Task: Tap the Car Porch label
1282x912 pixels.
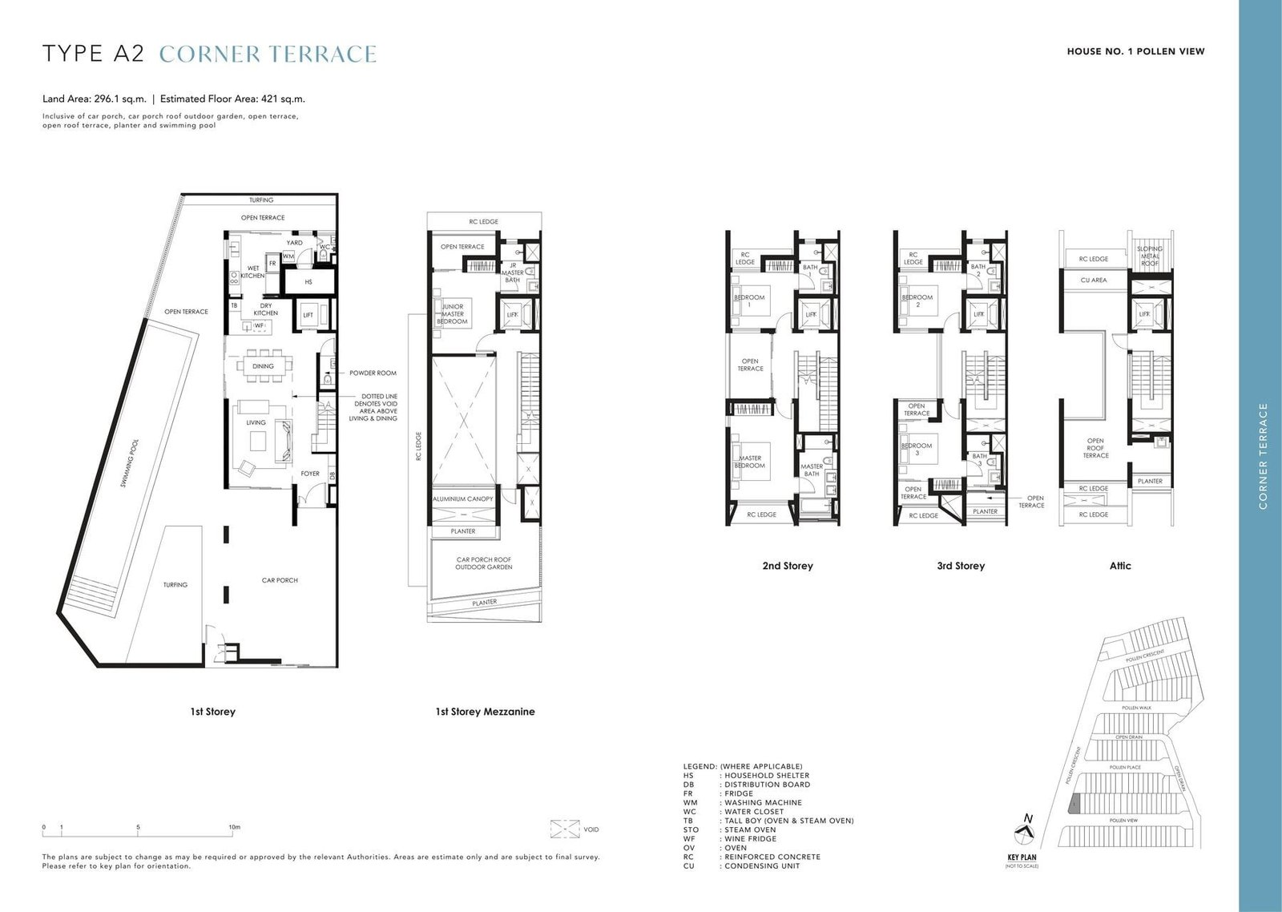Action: [x=280, y=580]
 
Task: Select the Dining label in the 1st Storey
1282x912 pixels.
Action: [x=263, y=366]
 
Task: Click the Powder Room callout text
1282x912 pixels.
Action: [x=373, y=373]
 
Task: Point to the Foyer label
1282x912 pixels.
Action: [x=310, y=474]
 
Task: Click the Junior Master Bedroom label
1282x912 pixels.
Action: [x=452, y=313]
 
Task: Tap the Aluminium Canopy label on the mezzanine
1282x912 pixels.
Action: [x=463, y=499]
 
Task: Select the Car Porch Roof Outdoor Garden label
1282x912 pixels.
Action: [x=483, y=563]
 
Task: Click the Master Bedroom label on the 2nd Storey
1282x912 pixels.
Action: [x=750, y=462]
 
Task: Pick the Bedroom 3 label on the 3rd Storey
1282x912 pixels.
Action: [x=917, y=449]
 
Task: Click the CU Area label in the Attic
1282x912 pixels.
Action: [x=1093, y=280]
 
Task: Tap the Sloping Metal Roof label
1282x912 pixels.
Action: [x=1150, y=256]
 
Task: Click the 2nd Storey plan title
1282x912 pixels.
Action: [x=787, y=566]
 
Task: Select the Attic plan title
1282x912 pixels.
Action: [x=1119, y=566]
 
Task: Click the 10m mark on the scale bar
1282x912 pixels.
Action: [x=233, y=827]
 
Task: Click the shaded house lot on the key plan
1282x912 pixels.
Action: [x=1076, y=803]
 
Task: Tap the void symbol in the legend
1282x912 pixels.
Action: [x=566, y=829]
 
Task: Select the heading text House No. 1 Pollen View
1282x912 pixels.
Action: [x=1135, y=51]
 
